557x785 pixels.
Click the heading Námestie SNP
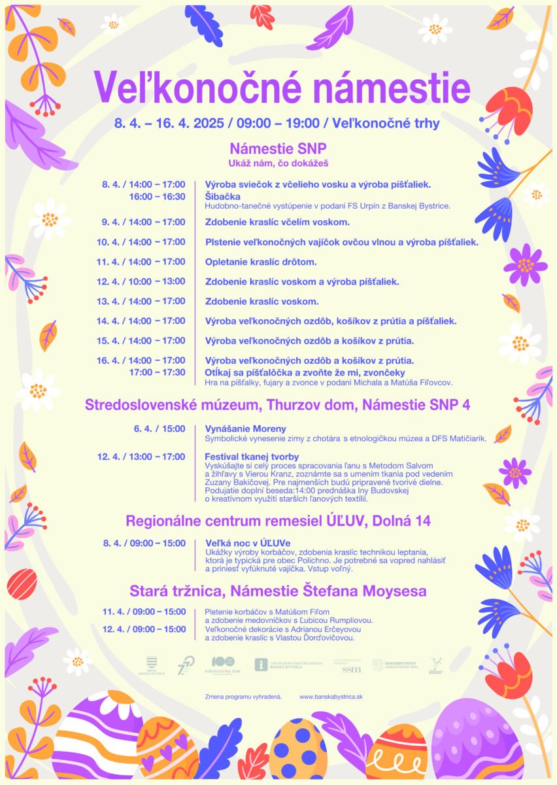pos(278,148)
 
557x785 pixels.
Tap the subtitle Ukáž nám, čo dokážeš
pos(278,162)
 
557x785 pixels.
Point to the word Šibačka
pos(223,196)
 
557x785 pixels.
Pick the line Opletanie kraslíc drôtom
pos(261,262)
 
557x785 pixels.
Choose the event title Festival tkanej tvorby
pos(252,456)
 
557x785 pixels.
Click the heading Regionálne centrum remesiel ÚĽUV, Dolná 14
pos(278,521)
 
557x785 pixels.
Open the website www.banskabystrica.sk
pos(331,697)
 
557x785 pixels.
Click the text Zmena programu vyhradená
pos(243,697)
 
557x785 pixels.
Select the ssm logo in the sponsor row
pos(351,668)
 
